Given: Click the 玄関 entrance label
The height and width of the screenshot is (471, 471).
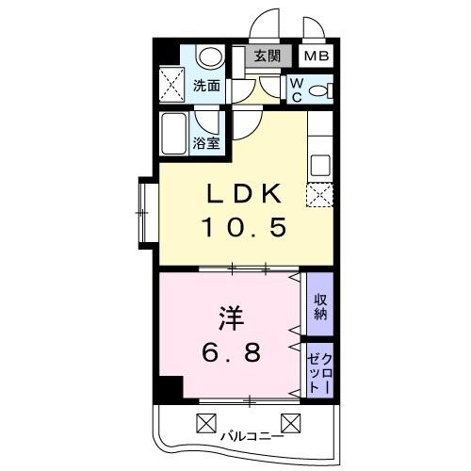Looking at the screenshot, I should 268,56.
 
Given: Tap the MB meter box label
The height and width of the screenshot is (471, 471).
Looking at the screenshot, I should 317,56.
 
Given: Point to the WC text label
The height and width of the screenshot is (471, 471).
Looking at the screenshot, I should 295,90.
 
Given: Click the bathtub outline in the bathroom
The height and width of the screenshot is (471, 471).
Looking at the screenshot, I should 175,135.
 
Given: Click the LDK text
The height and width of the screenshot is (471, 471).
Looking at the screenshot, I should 243,194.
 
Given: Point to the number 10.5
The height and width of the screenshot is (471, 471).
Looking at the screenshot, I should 243,227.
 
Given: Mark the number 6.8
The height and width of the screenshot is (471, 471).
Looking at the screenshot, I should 230,353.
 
